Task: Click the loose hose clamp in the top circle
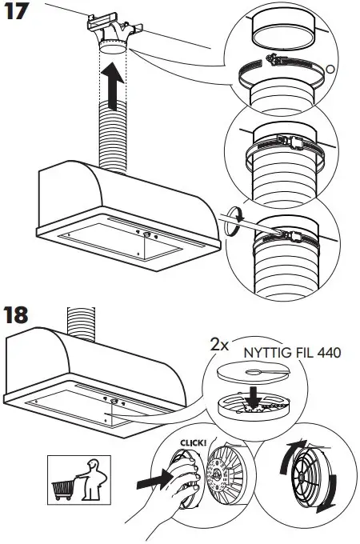click(x=276, y=67)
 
